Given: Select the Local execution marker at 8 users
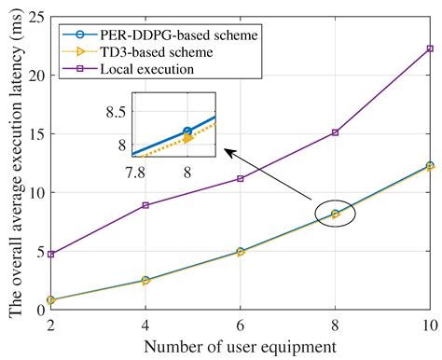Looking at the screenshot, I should pos(335,132).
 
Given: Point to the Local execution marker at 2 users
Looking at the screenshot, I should pos(50,254).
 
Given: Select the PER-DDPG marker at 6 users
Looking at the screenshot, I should pos(241,251).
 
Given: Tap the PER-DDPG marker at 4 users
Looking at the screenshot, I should pos(145,280).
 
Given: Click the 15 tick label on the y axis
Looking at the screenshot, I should pos(35,134).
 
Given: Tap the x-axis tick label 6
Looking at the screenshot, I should pos(241,324).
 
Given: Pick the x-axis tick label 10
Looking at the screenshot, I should pos(428,324).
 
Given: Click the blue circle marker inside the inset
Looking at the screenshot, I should pos(187,132).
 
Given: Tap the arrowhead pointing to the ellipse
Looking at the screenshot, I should pos(228,149).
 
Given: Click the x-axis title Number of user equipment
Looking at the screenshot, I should pos(241,346).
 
